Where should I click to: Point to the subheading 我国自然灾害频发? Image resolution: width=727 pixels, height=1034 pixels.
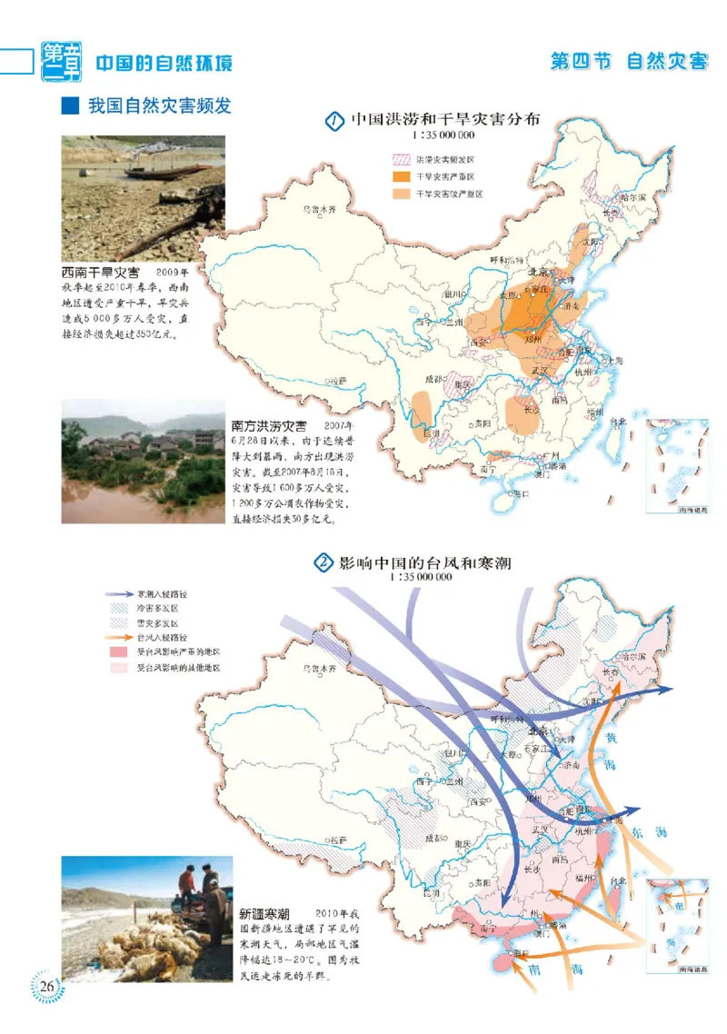158,106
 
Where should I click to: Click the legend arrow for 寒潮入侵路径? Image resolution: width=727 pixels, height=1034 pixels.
120,592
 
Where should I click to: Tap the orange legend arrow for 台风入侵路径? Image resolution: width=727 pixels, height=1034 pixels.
120,638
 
